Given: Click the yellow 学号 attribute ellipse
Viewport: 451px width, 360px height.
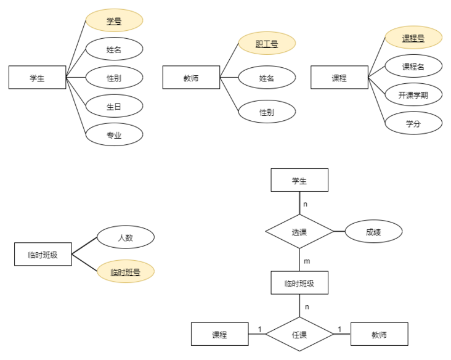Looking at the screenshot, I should [114, 20].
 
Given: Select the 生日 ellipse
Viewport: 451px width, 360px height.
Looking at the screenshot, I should [114, 106].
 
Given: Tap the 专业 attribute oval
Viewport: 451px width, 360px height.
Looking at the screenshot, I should [114, 134].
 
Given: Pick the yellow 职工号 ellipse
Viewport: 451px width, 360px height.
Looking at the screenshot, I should [267, 44].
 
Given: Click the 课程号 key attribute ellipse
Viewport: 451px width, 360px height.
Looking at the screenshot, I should [413, 38].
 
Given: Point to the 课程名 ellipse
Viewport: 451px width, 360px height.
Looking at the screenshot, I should [413, 66].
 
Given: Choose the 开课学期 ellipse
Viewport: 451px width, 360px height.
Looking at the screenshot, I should [413, 95].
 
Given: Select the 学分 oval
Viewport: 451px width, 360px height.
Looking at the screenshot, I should [413, 123].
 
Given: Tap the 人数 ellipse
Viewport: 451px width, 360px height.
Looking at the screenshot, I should [126, 237].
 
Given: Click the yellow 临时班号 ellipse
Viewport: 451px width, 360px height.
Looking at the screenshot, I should [126, 271].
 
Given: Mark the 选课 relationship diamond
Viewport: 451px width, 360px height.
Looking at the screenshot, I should [299, 232].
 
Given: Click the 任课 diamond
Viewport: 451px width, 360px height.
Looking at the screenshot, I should [299, 335].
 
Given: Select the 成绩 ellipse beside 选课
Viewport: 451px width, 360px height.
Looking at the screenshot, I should [373, 232].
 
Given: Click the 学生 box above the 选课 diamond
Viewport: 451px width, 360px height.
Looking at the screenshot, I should [299, 180].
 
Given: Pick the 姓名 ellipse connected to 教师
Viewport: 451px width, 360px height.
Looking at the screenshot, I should [267, 78].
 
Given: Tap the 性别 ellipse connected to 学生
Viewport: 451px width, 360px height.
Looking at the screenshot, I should [114, 78].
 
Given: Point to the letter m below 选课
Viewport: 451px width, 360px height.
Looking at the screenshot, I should [307, 261].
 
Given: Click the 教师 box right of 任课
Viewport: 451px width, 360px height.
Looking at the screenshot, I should [379, 334].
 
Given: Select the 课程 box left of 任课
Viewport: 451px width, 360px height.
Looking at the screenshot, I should [220, 334].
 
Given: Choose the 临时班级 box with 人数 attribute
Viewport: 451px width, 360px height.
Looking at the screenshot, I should [43, 254].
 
